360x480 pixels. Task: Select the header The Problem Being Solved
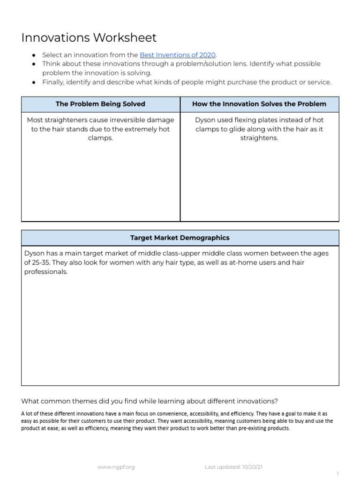pos(100,104)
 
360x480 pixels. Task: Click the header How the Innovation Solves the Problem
pos(259,104)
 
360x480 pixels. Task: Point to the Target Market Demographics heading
pos(180,238)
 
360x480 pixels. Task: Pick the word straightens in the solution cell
pos(259,138)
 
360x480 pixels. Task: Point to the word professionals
pos(46,272)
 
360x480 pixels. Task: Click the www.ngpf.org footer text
pos(116,467)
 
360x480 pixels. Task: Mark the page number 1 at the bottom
pos(338,474)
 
